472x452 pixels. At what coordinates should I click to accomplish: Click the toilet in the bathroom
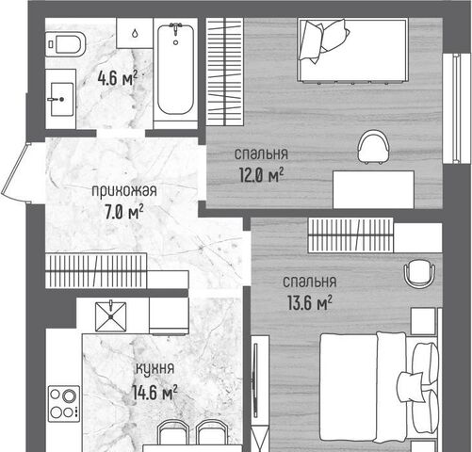click(x=66, y=44)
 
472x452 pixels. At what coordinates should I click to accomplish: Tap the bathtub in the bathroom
click(x=175, y=70)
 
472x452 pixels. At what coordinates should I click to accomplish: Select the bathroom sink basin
click(x=61, y=99)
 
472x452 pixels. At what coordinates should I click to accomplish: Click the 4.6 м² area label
click(x=118, y=78)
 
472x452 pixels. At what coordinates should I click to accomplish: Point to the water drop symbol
click(x=135, y=33)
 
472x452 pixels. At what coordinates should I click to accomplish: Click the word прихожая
click(x=124, y=191)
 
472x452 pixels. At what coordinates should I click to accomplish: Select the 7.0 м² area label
click(x=124, y=213)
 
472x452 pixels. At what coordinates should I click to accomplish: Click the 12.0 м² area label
click(x=262, y=175)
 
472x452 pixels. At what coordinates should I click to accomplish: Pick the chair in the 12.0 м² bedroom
click(x=374, y=148)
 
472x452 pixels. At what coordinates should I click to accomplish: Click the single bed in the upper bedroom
click(x=353, y=51)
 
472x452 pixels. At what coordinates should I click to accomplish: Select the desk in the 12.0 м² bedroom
click(x=373, y=189)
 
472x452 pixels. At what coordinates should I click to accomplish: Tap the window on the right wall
click(x=452, y=108)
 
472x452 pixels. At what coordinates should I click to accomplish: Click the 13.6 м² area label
click(x=310, y=302)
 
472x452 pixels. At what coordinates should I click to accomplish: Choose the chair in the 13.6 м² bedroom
click(x=420, y=273)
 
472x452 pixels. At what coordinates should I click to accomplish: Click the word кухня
click(x=155, y=369)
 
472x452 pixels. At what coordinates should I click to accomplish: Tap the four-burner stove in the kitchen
click(x=64, y=404)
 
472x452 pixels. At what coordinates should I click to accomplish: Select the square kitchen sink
click(x=111, y=316)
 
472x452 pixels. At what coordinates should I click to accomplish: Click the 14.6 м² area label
click(x=155, y=393)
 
